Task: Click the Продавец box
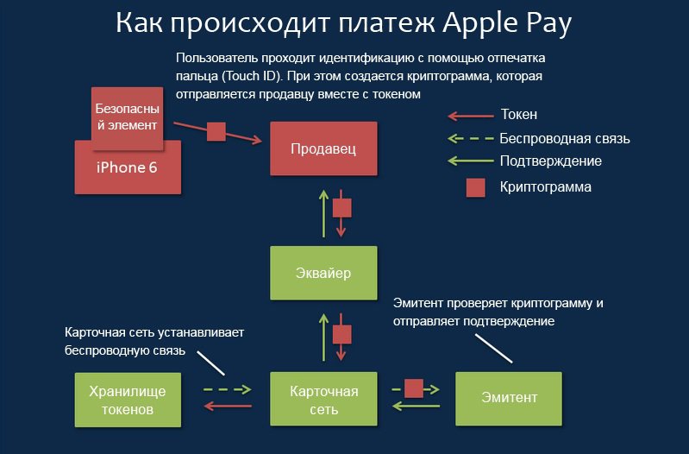point(323,148)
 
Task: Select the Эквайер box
point(323,273)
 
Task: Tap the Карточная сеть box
point(323,399)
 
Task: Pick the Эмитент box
point(509,399)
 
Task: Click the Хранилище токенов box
point(128,400)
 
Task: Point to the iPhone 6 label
point(127,167)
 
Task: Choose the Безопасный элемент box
point(128,118)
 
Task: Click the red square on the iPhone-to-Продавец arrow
point(216,131)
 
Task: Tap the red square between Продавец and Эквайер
point(341,208)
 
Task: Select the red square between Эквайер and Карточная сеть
point(341,334)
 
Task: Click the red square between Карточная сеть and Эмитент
point(414,388)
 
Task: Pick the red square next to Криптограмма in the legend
point(475,188)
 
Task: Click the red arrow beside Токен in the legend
point(471,117)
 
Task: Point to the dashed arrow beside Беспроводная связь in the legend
point(471,139)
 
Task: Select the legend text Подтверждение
point(550,161)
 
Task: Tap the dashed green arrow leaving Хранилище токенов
point(227,389)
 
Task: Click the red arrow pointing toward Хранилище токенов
point(228,406)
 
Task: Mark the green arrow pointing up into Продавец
point(324,214)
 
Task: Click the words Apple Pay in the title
point(507,23)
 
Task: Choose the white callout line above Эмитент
point(494,349)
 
